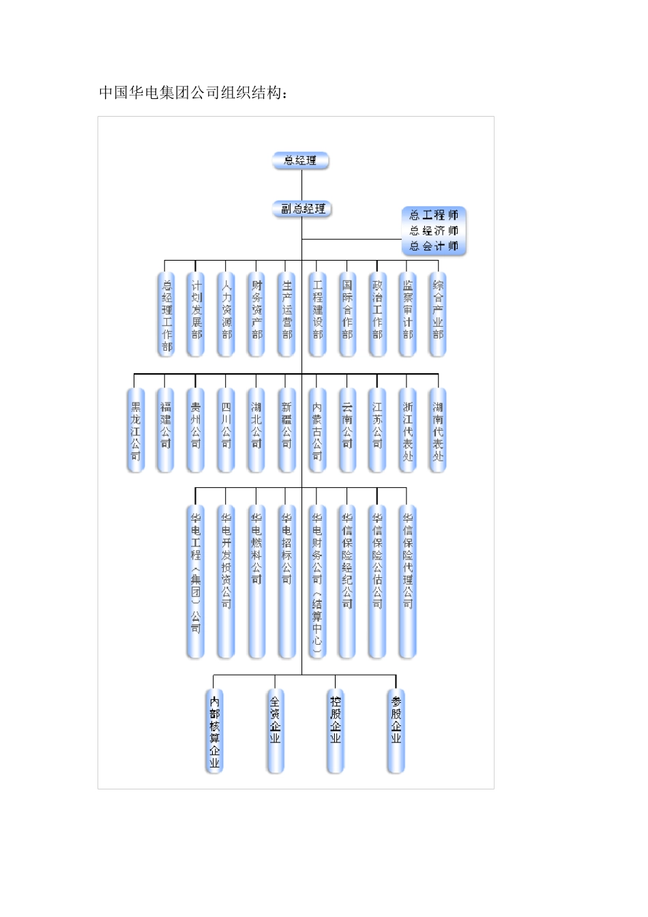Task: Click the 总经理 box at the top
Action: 301,161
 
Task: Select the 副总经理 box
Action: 302,209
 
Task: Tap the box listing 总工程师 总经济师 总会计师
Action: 434,231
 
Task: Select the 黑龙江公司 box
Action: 136,430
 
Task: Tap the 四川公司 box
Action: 226,430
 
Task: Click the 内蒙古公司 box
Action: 317,430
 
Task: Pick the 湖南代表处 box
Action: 438,430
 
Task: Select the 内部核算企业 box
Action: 215,731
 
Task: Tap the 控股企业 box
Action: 336,731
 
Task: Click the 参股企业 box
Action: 396,731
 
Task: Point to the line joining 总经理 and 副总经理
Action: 301,184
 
